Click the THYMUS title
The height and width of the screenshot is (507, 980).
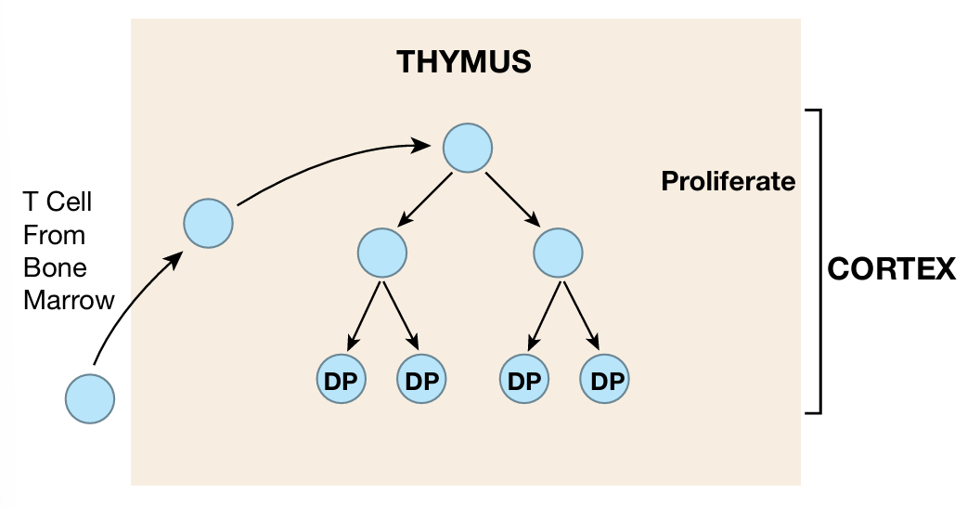click(x=463, y=62)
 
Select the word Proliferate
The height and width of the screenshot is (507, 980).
click(x=728, y=181)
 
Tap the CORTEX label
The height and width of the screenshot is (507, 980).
click(x=891, y=270)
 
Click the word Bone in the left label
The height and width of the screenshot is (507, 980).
click(x=55, y=266)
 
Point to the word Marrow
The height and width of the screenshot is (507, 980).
click(x=70, y=299)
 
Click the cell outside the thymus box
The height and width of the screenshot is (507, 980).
click(x=90, y=399)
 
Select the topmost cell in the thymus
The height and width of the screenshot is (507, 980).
click(x=467, y=148)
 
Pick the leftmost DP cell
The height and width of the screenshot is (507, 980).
click(x=341, y=380)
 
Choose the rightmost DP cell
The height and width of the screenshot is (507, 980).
click(x=604, y=380)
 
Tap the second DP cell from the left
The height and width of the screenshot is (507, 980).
click(x=421, y=380)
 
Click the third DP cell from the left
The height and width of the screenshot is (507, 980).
click(x=524, y=380)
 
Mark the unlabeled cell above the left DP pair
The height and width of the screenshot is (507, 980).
click(x=381, y=253)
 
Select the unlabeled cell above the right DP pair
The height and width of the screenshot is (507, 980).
click(x=559, y=253)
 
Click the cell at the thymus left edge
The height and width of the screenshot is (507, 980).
click(x=208, y=223)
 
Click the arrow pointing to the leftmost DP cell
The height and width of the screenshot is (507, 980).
click(x=365, y=316)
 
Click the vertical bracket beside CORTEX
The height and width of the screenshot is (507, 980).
click(x=819, y=260)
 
